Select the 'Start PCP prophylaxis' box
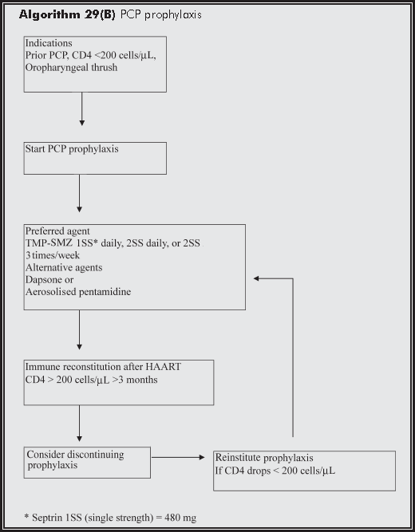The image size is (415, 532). click(x=95, y=158)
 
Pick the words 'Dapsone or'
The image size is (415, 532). click(x=50, y=282)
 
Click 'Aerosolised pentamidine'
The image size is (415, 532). click(x=79, y=294)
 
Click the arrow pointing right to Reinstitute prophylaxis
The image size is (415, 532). click(x=180, y=458)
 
